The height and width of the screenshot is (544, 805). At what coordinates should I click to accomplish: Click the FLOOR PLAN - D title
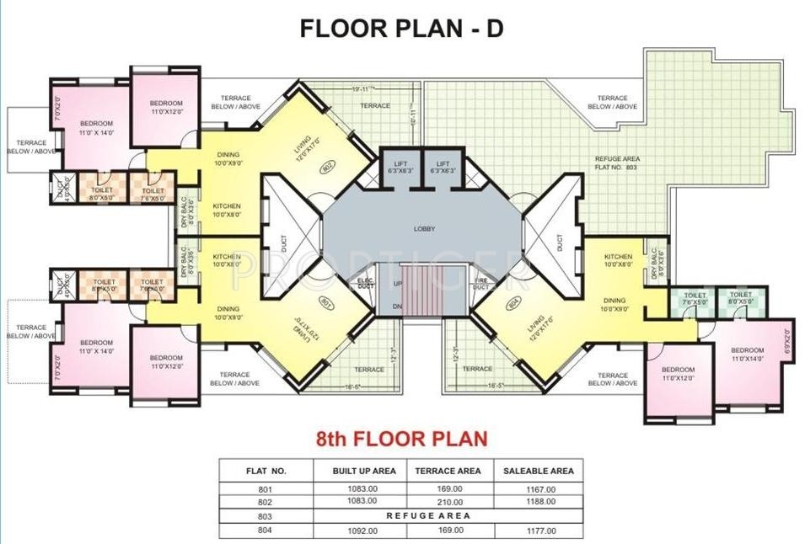click(402, 28)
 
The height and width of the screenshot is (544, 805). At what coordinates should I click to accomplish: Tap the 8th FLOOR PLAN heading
click(401, 439)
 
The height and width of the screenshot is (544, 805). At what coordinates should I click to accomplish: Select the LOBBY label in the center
click(423, 228)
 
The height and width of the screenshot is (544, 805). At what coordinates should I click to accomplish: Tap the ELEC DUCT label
click(365, 284)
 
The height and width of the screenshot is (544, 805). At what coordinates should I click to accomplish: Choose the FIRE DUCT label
click(481, 284)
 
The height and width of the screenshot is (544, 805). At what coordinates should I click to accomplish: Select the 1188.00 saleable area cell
click(539, 501)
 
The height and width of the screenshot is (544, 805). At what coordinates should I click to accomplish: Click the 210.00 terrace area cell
click(447, 501)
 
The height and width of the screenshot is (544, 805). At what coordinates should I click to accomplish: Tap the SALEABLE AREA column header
click(539, 471)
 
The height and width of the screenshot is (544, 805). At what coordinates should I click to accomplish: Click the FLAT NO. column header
click(266, 471)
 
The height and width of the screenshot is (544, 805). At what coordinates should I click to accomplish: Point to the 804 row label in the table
click(266, 531)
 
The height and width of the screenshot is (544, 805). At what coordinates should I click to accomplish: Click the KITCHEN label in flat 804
click(618, 256)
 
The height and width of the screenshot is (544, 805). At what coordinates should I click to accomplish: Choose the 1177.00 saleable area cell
click(539, 531)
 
